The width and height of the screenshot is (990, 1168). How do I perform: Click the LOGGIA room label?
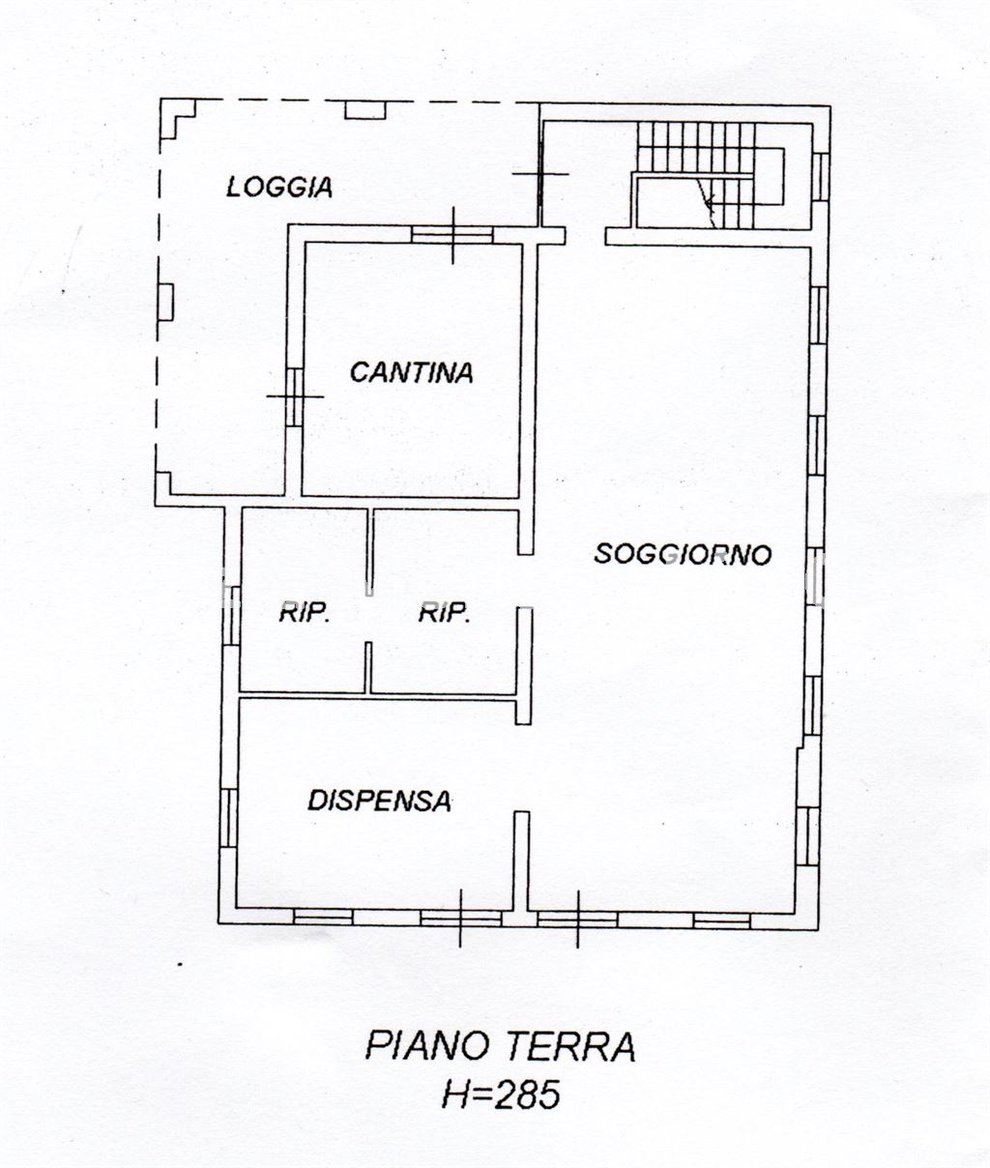point(279,187)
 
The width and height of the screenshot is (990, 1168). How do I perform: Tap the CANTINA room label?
point(411,372)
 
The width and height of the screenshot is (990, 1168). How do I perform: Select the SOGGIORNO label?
point(683,555)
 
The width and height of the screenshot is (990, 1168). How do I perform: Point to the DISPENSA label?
point(379,801)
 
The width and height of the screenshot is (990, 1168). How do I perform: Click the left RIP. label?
point(305,612)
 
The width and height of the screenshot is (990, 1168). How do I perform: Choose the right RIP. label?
point(444,612)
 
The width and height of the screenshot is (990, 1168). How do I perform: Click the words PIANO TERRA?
point(500,1046)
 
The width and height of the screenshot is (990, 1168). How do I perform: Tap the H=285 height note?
point(500,1095)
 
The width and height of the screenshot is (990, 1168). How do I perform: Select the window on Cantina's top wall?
point(452,234)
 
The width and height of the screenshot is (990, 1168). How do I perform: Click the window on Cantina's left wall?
point(294,396)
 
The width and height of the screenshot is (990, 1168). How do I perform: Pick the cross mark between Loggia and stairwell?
point(539,174)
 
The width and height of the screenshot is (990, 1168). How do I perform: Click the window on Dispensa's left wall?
point(230,817)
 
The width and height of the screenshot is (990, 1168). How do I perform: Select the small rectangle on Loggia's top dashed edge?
point(365,110)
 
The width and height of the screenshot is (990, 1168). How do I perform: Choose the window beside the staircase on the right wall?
point(821,176)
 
